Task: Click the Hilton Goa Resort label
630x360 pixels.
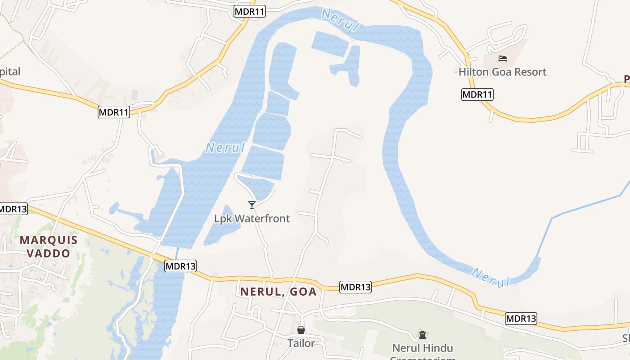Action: [502, 72]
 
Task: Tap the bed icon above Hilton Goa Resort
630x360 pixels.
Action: [503, 58]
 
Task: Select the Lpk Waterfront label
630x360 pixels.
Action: [252, 219]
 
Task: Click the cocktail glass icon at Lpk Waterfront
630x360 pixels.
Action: [252, 205]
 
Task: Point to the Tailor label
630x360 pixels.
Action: [301, 343]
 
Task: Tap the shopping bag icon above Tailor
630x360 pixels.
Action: [301, 330]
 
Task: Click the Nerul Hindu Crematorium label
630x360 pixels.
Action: [423, 348]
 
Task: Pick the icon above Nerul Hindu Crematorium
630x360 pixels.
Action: [423, 334]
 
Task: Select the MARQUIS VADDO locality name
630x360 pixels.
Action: [49, 246]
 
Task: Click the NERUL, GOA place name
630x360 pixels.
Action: [279, 292]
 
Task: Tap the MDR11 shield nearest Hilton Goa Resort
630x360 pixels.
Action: [477, 94]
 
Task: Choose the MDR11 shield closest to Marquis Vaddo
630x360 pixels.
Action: [114, 112]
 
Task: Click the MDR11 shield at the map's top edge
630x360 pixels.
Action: [250, 12]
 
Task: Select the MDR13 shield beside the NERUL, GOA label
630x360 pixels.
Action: [355, 287]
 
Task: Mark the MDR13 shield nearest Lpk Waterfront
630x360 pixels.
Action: [180, 266]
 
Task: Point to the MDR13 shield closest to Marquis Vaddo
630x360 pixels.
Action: [13, 209]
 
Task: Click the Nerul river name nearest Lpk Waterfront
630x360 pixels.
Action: [225, 147]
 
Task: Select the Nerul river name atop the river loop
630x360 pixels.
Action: [341, 20]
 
